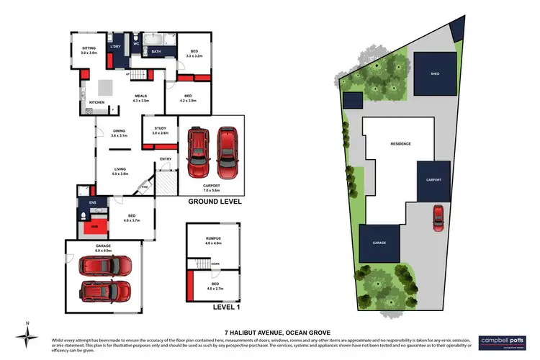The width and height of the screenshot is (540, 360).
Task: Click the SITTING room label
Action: tap(88, 50)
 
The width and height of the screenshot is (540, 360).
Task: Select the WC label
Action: tap(135, 44)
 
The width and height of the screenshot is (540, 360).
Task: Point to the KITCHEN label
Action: tap(96, 102)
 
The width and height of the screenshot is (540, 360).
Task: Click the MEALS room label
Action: tap(140, 98)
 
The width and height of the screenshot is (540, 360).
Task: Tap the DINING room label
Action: tap(120, 132)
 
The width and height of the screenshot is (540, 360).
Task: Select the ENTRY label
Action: tap(166, 159)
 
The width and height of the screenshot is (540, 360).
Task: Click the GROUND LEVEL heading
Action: tap(214, 202)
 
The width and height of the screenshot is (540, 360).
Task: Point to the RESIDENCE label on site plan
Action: tap(400, 144)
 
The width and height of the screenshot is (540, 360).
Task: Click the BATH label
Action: tap(156, 52)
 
